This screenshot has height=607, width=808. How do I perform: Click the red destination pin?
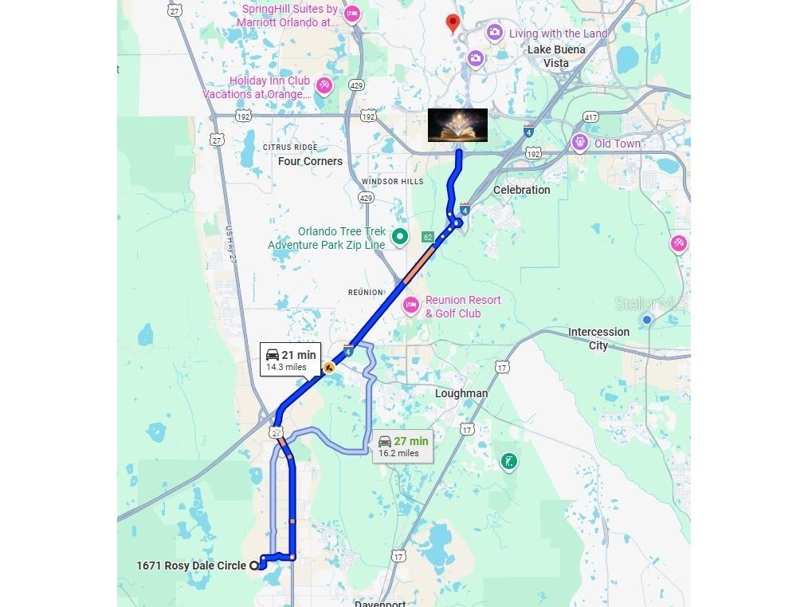(453, 22)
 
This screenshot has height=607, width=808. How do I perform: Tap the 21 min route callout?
(290, 360)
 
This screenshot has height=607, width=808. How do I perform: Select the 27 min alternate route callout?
(402, 446)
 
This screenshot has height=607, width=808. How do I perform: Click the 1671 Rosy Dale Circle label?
(191, 566)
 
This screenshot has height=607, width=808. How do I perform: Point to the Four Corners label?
(310, 161)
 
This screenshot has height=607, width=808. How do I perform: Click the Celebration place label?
(521, 190)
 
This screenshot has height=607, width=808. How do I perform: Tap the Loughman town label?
(461, 393)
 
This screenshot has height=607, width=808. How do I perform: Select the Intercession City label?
(598, 338)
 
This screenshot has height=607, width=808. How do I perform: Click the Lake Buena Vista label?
(556, 56)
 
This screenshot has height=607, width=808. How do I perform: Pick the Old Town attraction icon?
(579, 144)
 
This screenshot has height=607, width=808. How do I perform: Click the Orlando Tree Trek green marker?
(401, 236)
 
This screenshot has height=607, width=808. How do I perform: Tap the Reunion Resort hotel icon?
(411, 305)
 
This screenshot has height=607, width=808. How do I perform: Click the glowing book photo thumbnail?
(457, 125)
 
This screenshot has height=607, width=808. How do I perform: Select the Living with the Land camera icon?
(495, 33)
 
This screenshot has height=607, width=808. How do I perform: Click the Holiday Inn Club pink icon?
(324, 85)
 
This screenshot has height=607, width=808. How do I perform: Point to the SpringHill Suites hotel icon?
(351, 14)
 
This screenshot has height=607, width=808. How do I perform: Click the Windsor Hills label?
(393, 182)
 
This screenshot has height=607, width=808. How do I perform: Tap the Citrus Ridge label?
(290, 148)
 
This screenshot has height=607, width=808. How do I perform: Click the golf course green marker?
(508, 461)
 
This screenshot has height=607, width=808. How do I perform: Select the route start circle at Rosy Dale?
(255, 566)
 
